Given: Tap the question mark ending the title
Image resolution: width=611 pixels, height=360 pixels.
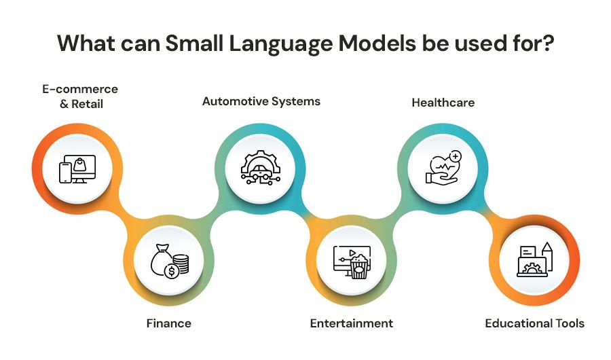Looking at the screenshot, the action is coord(547,43).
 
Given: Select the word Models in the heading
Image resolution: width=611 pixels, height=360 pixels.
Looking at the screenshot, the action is coord(377,43).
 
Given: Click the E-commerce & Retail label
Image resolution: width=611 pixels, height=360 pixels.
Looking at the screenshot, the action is coord(80,96).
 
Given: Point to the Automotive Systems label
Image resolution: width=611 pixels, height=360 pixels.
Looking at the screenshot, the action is coord(261,101).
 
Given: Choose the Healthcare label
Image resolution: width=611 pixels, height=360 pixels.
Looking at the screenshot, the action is coord(443,103).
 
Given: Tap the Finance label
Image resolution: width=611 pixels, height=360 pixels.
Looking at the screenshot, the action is coord(169,323).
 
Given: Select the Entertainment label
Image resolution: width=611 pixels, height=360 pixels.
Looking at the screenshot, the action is coord(352,323).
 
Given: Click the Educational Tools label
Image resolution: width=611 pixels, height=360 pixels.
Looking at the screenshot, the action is coord(535,323).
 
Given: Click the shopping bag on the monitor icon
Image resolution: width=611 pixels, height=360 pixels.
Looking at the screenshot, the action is coord(79,164).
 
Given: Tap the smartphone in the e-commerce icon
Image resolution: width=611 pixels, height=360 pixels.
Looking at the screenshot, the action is coord(65,173).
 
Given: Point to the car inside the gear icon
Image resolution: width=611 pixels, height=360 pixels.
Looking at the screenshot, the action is coord(261,170).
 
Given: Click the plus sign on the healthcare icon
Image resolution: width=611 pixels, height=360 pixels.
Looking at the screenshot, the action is coord(455,156).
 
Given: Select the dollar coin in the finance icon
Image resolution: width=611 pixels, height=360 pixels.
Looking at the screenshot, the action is coord(171,271).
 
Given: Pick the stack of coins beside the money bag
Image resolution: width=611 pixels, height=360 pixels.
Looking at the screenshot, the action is coord(181,264).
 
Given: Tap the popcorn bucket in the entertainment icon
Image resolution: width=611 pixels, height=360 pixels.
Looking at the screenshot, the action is coord(358,267).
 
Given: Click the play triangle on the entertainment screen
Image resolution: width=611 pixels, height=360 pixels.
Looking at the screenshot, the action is coord(352,253).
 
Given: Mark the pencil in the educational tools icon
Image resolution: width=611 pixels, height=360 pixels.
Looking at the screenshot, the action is coord(547,256).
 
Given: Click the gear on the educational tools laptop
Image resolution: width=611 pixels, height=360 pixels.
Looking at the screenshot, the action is coord(530,268).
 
